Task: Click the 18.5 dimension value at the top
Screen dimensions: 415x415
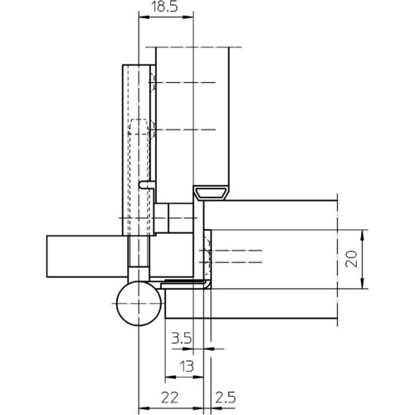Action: [x=164, y=7]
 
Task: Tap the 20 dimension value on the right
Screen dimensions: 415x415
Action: [x=352, y=259]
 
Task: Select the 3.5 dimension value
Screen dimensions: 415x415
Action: [x=182, y=338]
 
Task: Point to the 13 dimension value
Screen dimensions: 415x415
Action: [x=187, y=367]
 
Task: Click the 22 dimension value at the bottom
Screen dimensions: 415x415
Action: [x=169, y=398]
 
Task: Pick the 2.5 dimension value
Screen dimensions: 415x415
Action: [x=226, y=398]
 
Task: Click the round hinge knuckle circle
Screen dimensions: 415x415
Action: [x=139, y=304]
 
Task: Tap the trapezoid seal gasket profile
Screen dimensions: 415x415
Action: [x=211, y=193]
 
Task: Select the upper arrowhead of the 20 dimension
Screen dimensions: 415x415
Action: [x=364, y=236]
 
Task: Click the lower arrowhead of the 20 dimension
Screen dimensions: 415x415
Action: [x=364, y=283]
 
